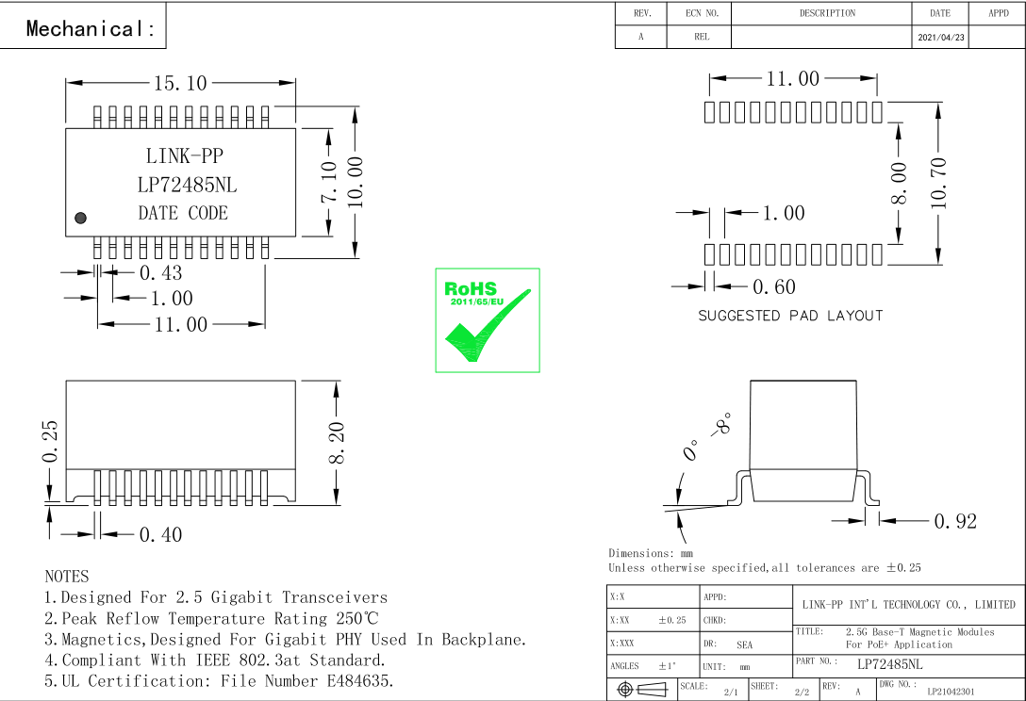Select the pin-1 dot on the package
80,218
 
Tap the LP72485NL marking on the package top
187,185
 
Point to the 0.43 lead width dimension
160,273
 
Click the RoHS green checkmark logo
487,320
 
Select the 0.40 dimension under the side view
160,535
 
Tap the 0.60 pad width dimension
773,286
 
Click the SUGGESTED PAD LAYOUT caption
790,316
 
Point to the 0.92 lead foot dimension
954,521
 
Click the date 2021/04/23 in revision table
939,38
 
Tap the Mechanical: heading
91,28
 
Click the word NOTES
67,576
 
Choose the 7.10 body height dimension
329,182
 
